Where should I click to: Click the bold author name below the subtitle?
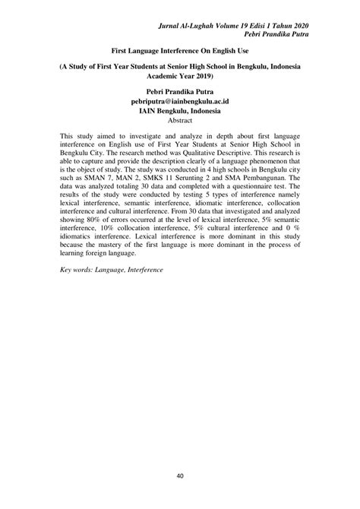coord(180,90)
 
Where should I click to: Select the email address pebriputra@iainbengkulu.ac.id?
coord(180,100)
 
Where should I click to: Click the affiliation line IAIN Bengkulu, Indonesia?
coord(180,110)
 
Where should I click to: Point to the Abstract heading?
coord(180,120)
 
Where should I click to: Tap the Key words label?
coord(78,291)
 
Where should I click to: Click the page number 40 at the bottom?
coord(180,476)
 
